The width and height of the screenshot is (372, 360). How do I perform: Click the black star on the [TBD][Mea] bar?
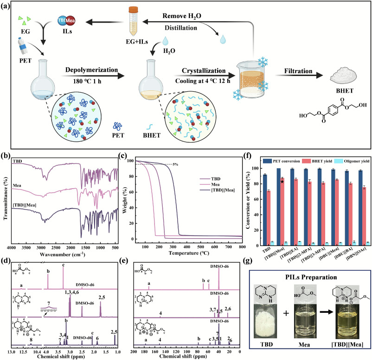(282, 181)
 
